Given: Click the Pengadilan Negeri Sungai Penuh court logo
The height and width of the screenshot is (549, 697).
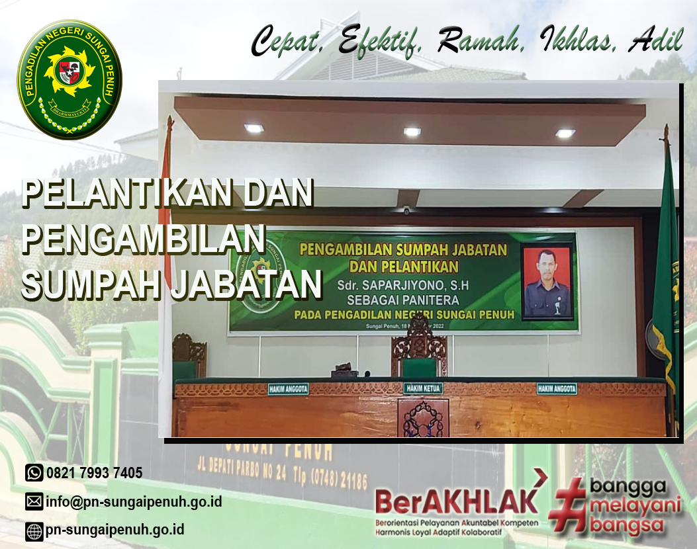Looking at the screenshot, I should tap(69, 79).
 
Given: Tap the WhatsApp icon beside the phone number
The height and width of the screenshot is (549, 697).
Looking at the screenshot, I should tap(34, 472).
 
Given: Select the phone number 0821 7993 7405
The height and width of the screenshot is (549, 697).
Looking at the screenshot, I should tap(94, 473).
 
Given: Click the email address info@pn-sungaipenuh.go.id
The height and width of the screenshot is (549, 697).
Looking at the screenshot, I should tap(133, 502).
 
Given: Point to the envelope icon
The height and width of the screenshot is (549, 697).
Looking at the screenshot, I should tap(34, 502).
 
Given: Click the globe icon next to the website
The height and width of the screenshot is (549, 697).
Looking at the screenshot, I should tap(34, 530).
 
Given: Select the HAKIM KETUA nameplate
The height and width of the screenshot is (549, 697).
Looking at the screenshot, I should tap(423, 388).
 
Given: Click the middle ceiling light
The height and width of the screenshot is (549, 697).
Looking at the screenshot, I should tap(412, 132).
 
